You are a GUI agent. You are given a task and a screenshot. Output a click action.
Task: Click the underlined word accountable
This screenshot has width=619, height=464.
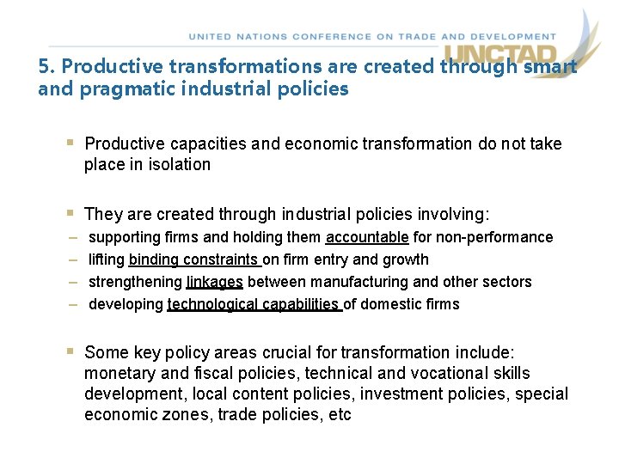[x=367, y=237]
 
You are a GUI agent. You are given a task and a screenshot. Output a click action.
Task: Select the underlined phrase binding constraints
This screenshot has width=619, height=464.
[x=193, y=259]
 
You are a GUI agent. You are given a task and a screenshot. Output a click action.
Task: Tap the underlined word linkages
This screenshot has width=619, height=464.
[x=215, y=282]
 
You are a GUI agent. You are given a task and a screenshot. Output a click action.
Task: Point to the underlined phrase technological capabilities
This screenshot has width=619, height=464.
[x=254, y=304]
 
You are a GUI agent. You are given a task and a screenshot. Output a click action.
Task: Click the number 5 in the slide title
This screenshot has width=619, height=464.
[x=43, y=66]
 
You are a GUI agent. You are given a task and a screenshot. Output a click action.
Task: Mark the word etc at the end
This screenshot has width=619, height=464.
[x=340, y=415]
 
